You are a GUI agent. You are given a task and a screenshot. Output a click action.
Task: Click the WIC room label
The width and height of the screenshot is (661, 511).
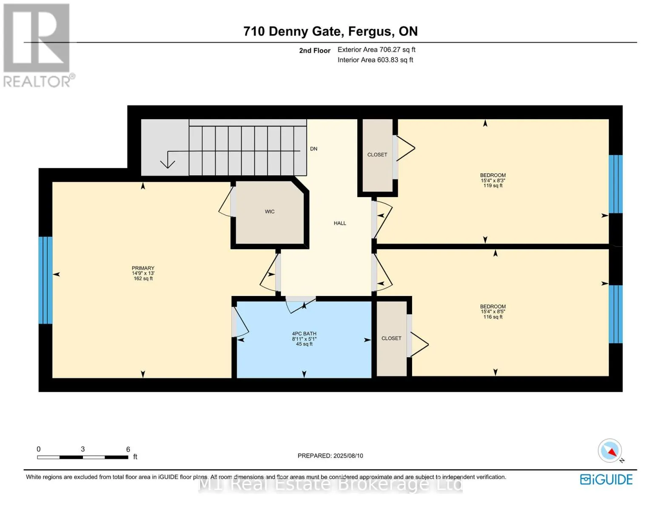[x=270, y=212]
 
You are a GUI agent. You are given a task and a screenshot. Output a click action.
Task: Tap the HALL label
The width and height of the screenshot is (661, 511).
[x=340, y=223]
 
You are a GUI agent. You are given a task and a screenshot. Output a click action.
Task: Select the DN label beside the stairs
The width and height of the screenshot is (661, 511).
[x=313, y=149]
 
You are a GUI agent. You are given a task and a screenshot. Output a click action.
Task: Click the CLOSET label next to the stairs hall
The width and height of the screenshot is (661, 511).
[x=377, y=155]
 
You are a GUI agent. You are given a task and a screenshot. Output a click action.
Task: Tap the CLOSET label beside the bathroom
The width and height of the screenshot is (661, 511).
[x=391, y=338]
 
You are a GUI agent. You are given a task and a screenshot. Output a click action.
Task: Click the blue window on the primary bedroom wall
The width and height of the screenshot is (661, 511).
[x=46, y=280]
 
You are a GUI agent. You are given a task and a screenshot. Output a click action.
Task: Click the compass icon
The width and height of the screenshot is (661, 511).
[x=610, y=451]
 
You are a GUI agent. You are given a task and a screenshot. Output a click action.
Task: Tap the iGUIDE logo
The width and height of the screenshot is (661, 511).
[x=606, y=479]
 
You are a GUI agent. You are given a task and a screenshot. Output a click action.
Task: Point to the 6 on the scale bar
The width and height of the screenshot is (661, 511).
[x=128, y=449]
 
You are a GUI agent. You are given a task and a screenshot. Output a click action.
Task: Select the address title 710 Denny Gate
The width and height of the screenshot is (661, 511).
[x=330, y=31]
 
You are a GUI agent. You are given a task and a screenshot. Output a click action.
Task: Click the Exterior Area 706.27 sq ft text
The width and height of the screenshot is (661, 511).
[x=376, y=49]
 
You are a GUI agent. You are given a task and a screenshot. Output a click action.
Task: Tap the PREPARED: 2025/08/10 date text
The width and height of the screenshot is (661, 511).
[x=330, y=456]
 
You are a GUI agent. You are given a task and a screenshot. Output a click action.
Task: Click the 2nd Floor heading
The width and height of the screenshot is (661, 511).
[x=314, y=50]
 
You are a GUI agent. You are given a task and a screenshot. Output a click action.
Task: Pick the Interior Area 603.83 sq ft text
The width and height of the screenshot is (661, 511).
[x=375, y=60]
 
